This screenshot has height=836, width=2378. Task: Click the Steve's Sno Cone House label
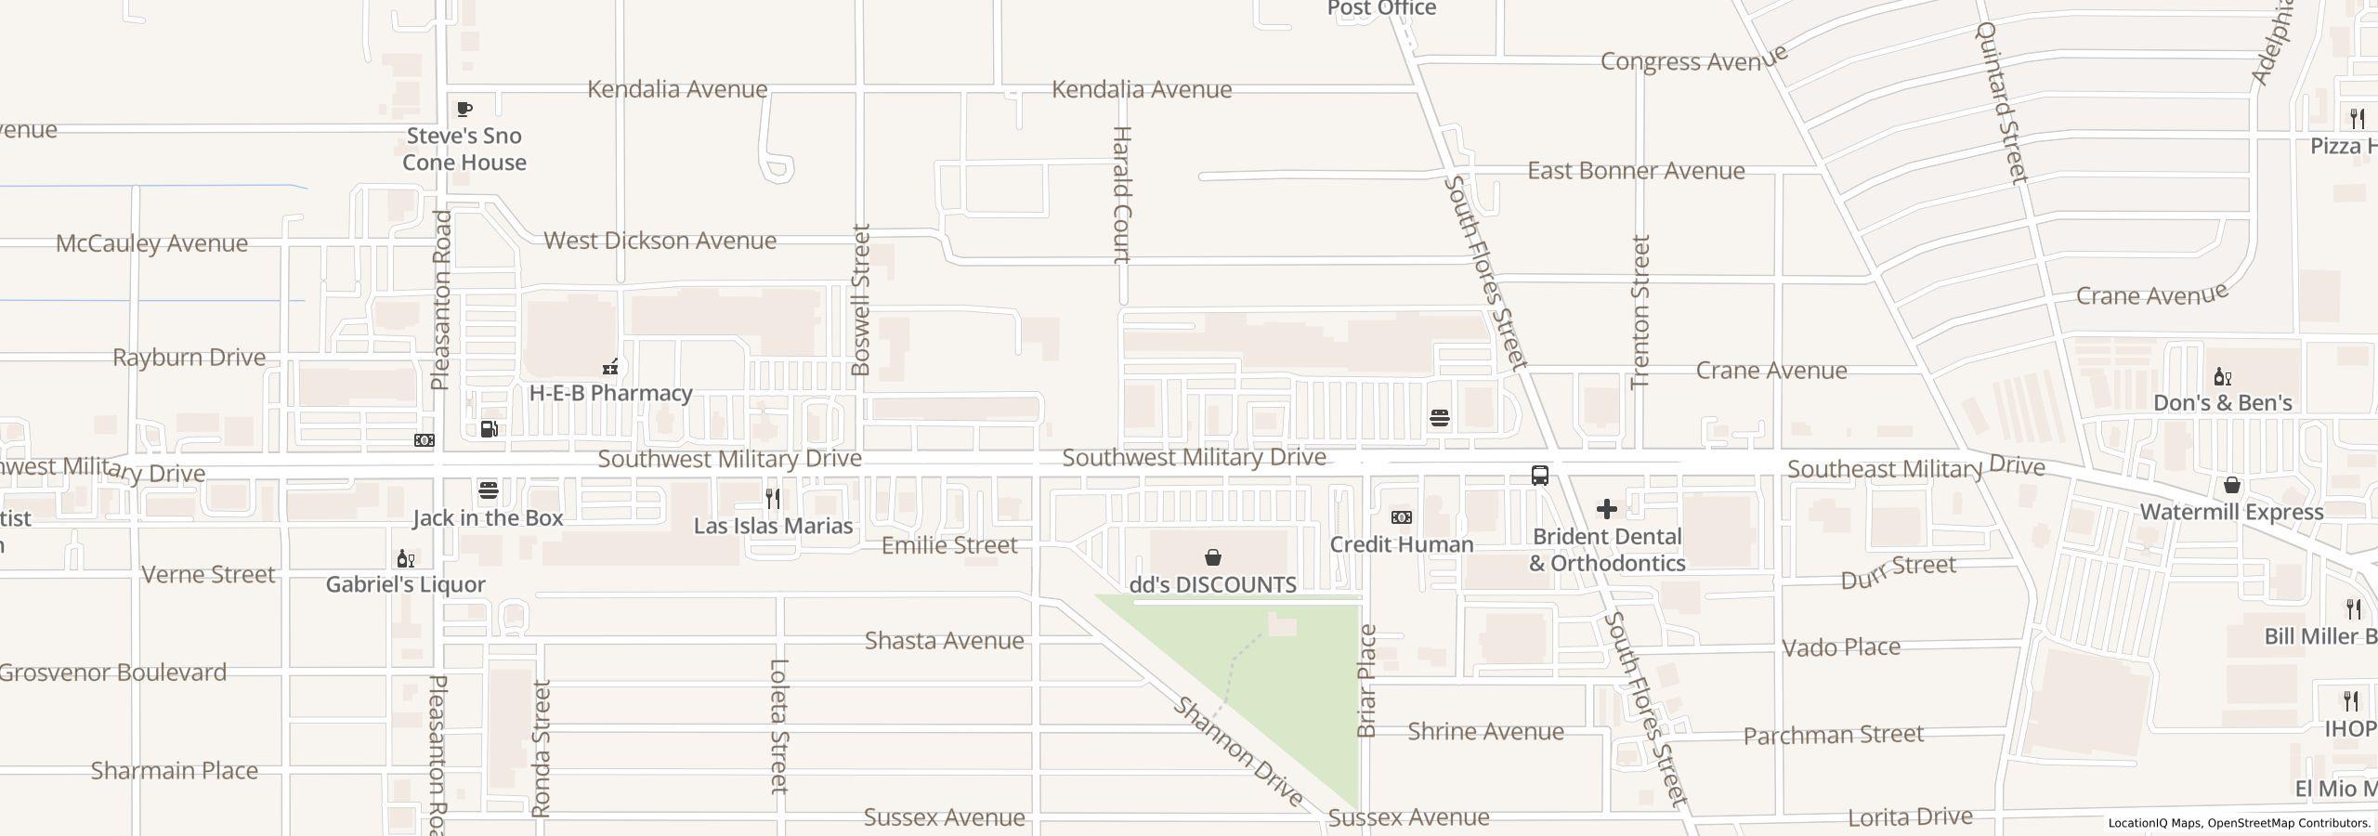pyautogui.click(x=464, y=149)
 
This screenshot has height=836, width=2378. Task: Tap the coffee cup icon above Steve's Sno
pyautogui.click(x=464, y=110)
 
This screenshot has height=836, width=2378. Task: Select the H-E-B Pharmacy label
pyautogui.click(x=610, y=393)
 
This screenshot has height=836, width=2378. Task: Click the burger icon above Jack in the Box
pyautogui.click(x=489, y=490)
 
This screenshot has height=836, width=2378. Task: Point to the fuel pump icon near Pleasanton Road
pyautogui.click(x=490, y=429)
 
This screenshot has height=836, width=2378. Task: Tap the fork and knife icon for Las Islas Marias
pyautogui.click(x=773, y=499)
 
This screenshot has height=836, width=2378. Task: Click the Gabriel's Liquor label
pyautogui.click(x=405, y=584)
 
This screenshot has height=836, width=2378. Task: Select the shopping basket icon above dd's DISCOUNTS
pyautogui.click(x=1212, y=557)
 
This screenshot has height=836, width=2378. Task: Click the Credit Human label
pyautogui.click(x=1401, y=544)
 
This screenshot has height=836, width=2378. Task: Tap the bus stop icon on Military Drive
pyautogui.click(x=1539, y=476)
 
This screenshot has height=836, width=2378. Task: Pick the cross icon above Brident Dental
pyautogui.click(x=1606, y=509)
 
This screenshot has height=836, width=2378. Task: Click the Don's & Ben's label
pyautogui.click(x=2222, y=402)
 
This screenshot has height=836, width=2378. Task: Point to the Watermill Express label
pyautogui.click(x=2231, y=512)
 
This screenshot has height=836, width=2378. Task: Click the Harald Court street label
pyautogui.click(x=1121, y=195)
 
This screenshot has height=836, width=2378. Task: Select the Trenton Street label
pyautogui.click(x=1640, y=311)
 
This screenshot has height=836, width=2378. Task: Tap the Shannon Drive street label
pyautogui.click(x=1238, y=751)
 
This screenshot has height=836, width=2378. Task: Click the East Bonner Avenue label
pyautogui.click(x=1636, y=171)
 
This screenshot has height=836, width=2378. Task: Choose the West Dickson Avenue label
pyautogui.click(x=660, y=241)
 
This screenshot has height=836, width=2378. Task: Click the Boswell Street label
pyautogui.click(x=861, y=299)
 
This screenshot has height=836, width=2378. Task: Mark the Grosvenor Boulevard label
pyautogui.click(x=112, y=673)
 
